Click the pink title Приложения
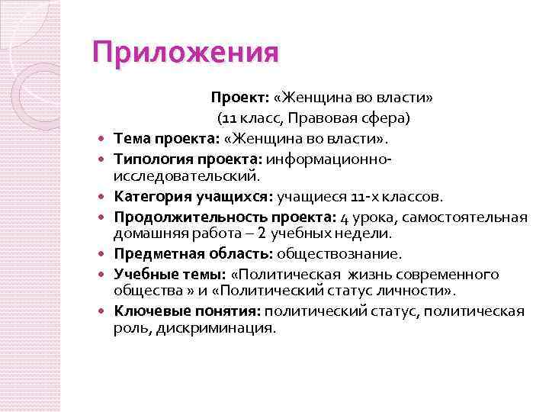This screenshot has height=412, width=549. [185, 53]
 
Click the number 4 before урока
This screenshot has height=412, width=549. [345, 217]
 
